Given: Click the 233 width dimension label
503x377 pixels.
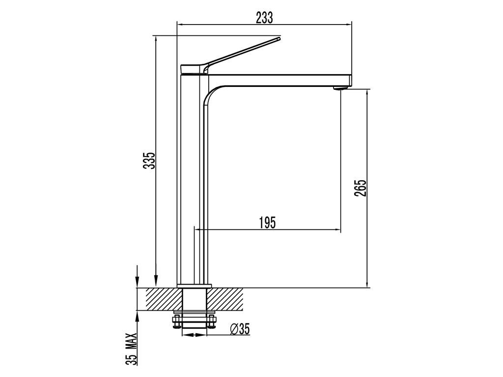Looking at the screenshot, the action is pos(264,18).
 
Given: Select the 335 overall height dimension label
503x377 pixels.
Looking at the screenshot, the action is pos(149,161).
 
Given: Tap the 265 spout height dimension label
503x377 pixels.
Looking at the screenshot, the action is pos(360,188).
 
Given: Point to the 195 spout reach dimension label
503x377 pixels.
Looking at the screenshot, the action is pos(268,222).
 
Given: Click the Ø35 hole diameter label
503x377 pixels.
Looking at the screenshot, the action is pos(240,329).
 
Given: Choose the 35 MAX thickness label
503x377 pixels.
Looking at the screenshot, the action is pos(131,349).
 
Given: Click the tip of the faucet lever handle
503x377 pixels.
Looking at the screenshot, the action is pos(279,38).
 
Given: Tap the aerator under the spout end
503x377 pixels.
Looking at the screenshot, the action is pos(340,87).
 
